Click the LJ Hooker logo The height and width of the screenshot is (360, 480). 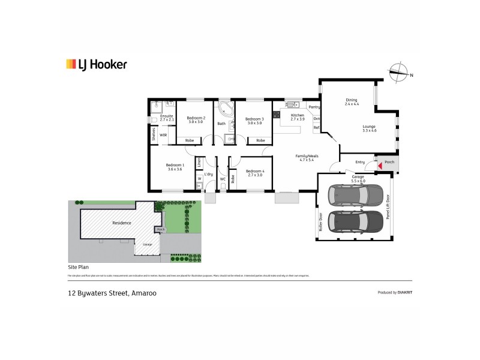click(96, 64)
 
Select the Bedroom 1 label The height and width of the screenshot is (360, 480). click(176, 167)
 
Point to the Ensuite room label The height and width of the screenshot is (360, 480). click(166, 118)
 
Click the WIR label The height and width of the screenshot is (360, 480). click(163, 135)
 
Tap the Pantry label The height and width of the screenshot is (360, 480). click(315, 107)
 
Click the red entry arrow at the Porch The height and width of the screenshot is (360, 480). click(379, 164)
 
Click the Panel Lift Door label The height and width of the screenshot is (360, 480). click(388, 206)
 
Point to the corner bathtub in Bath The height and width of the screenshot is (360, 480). click(226, 109)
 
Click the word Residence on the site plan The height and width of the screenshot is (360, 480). click(122, 223)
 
